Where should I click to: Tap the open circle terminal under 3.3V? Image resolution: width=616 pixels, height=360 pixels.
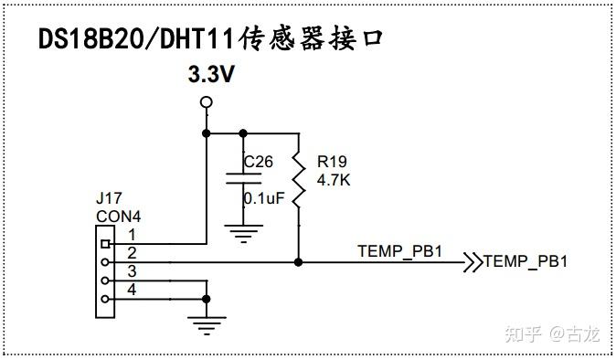click(x=206, y=102)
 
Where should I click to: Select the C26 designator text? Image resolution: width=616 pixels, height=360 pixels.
click(x=258, y=162)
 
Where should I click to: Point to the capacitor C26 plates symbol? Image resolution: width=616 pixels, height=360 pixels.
click(x=242, y=180)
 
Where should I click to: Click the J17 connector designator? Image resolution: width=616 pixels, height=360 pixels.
click(x=108, y=197)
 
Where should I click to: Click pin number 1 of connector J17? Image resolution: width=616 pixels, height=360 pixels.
click(x=132, y=237)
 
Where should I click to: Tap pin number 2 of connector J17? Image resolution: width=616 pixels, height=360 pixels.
click(x=132, y=253)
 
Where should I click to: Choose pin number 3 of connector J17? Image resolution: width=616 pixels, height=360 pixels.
click(x=132, y=271)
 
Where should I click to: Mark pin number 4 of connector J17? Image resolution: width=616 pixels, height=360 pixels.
click(x=132, y=290)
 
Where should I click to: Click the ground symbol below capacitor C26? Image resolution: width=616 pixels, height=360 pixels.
click(x=242, y=234)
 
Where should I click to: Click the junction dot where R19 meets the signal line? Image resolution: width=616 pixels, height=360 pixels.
click(x=299, y=261)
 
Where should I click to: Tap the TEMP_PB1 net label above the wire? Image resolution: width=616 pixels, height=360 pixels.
click(x=399, y=250)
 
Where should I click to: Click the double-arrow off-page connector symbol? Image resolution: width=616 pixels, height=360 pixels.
click(x=473, y=261)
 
